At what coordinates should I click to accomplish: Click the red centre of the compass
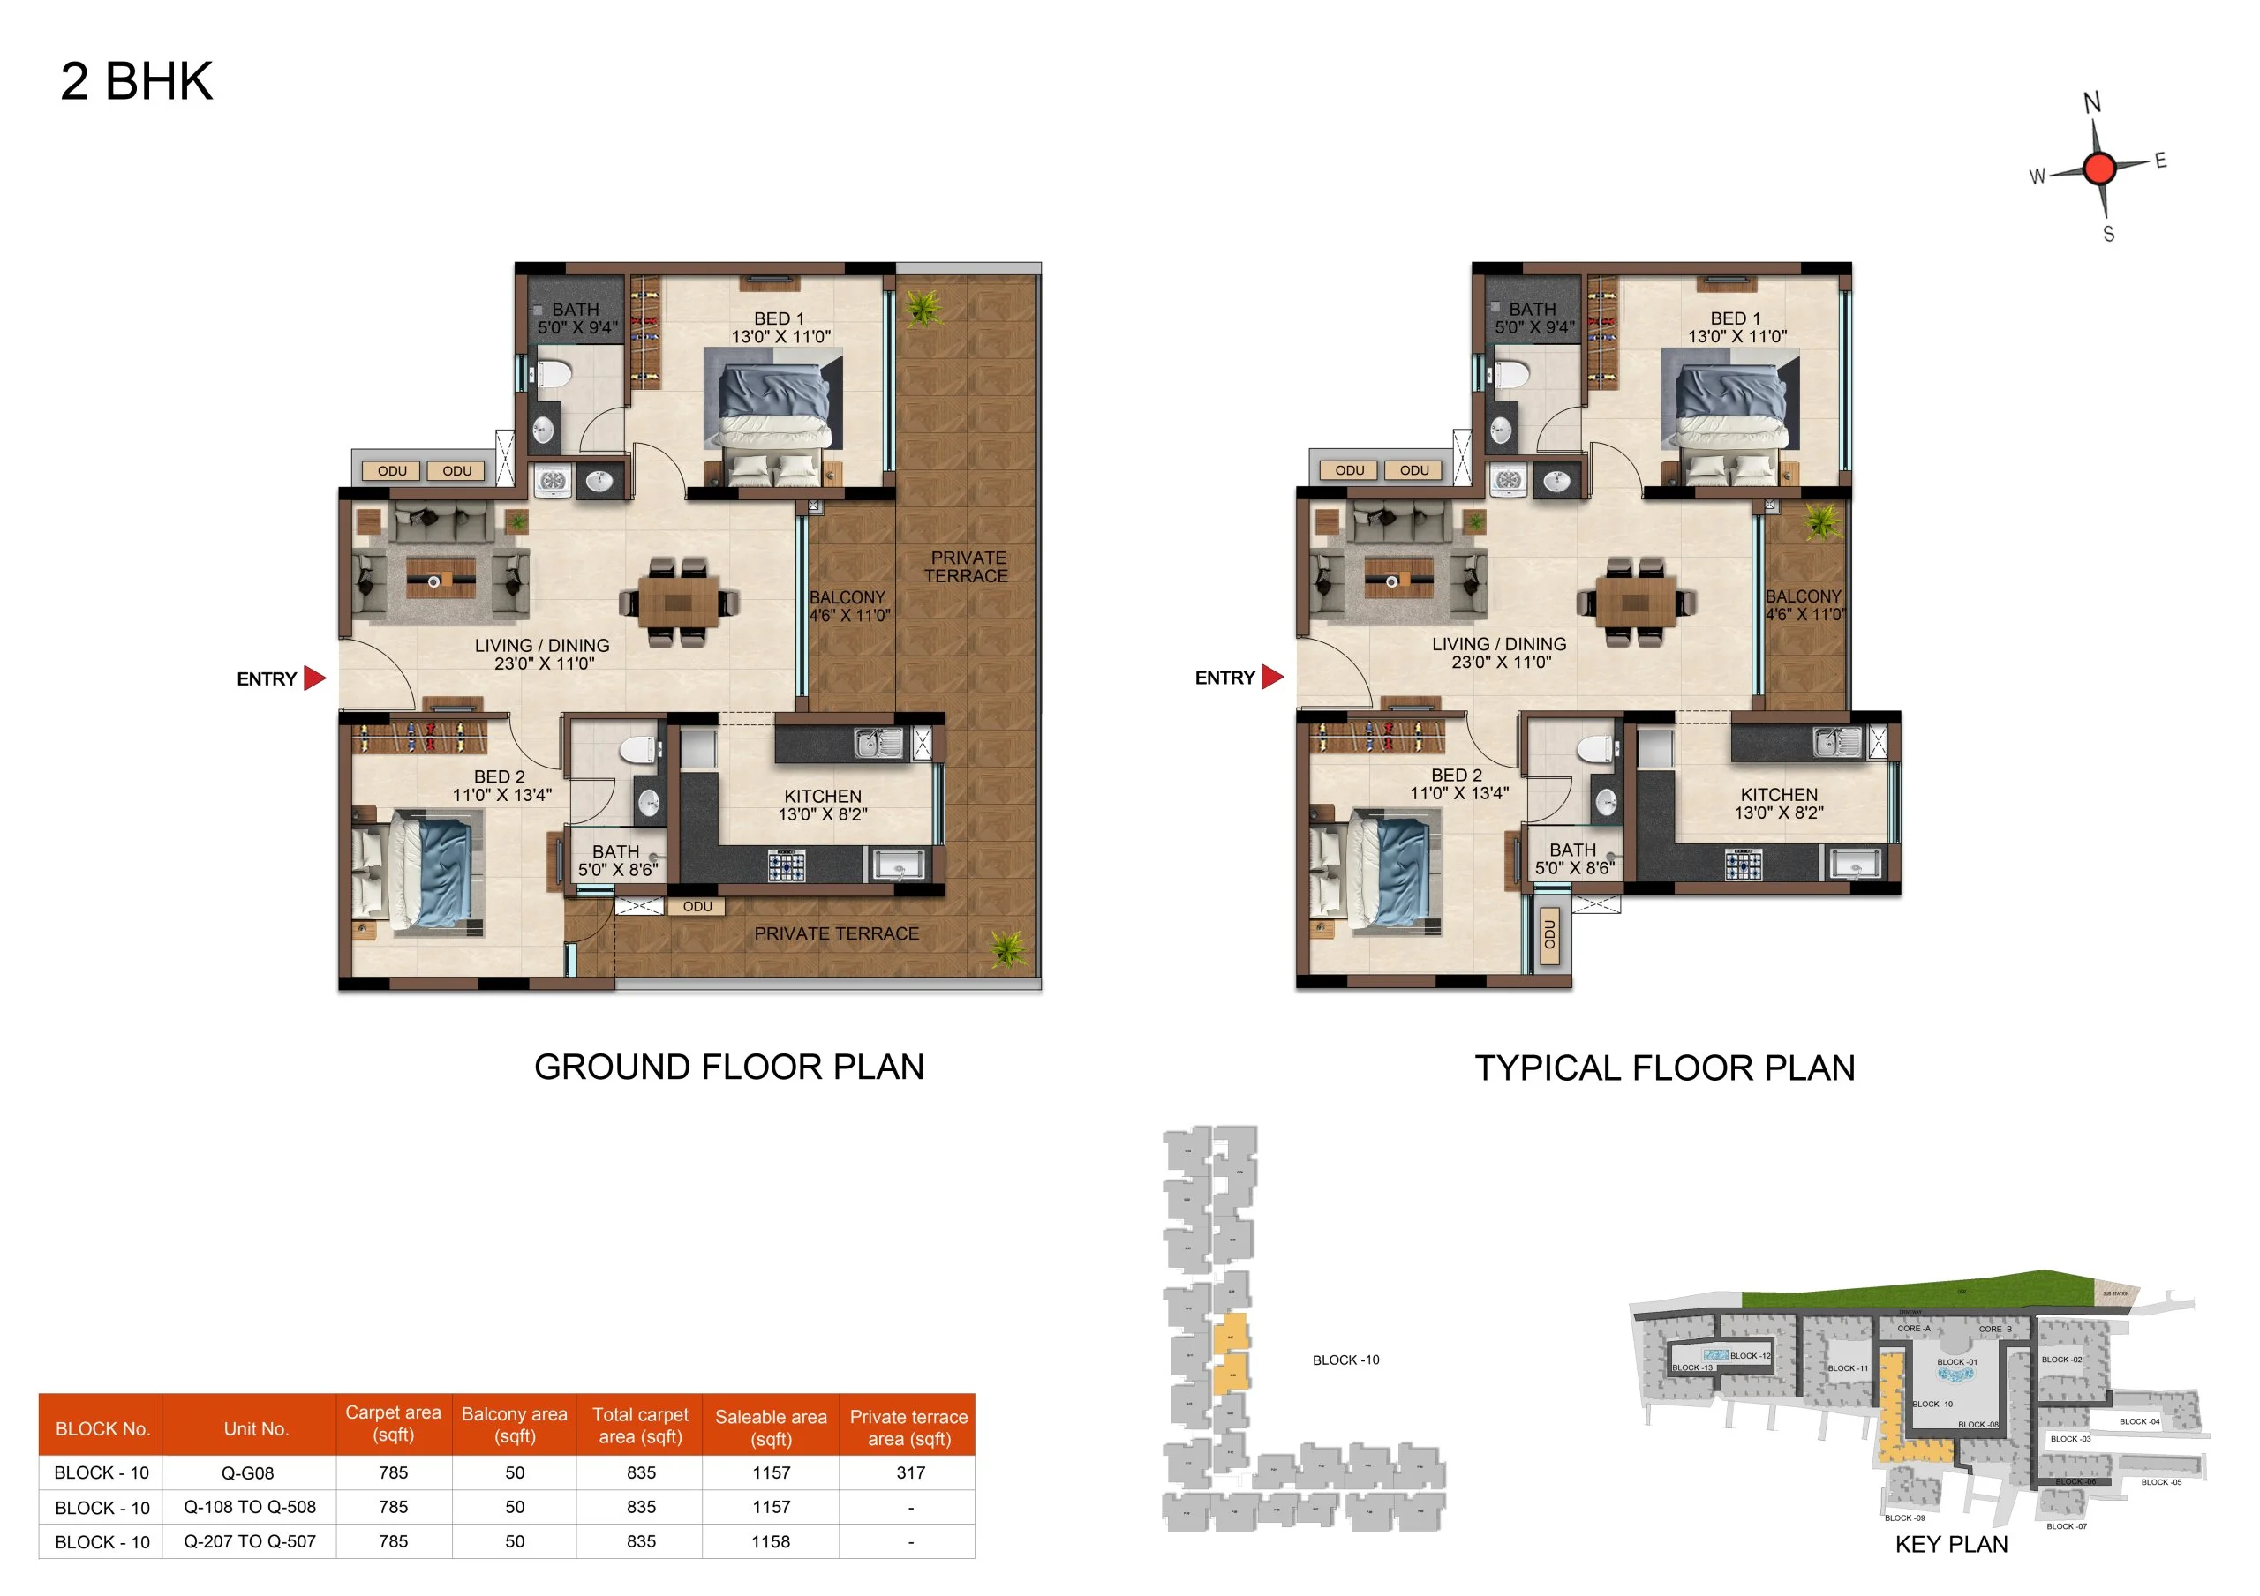tap(2098, 169)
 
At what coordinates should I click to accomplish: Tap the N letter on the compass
tap(2091, 103)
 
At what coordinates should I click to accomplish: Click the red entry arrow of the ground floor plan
tap(314, 678)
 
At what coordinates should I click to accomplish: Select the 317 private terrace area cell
tap(910, 1473)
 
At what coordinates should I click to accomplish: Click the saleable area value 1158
tap(771, 1542)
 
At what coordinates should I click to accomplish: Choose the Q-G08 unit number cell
tap(248, 1473)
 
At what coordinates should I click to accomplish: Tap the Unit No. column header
tap(256, 1428)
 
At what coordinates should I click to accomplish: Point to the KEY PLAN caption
tap(1951, 1545)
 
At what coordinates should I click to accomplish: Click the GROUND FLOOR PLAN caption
tap(728, 1068)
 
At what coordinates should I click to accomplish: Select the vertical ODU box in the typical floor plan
tap(1550, 935)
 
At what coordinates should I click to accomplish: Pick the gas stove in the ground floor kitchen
tap(786, 865)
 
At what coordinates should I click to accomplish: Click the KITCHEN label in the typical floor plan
tap(1779, 795)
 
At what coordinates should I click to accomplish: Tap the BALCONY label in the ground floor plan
tap(847, 597)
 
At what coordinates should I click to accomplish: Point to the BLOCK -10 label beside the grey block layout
tap(1345, 1360)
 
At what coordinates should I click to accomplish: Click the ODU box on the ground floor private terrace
tap(697, 906)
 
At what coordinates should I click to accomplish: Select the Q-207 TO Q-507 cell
tap(250, 1542)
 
